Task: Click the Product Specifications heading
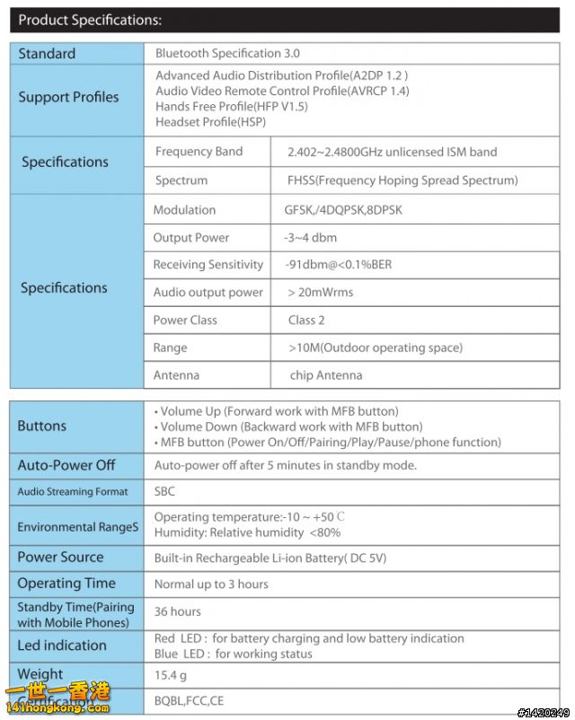[90, 20]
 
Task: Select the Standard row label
[47, 54]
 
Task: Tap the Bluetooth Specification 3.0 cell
[227, 54]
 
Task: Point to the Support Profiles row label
[68, 97]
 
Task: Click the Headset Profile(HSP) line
[210, 122]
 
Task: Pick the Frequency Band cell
[199, 152]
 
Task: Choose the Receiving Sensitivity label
[208, 265]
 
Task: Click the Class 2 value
[306, 320]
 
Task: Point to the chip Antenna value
[326, 375]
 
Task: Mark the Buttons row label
[41, 426]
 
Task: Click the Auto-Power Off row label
[66, 465]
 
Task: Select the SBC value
[164, 491]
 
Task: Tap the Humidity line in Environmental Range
[247, 532]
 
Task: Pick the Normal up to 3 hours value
[211, 584]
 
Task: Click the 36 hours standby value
[177, 611]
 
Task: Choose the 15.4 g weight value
[170, 674]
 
